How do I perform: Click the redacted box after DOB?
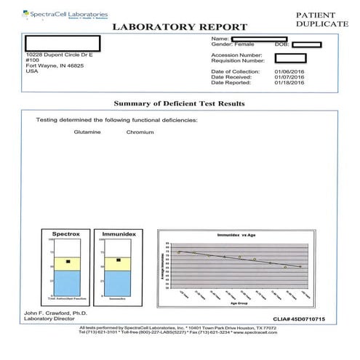point(306,44)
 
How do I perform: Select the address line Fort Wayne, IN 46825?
point(45,65)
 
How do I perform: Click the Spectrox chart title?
point(65,235)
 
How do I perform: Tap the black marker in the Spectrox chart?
point(68,261)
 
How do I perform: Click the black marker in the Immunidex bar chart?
point(118,260)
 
